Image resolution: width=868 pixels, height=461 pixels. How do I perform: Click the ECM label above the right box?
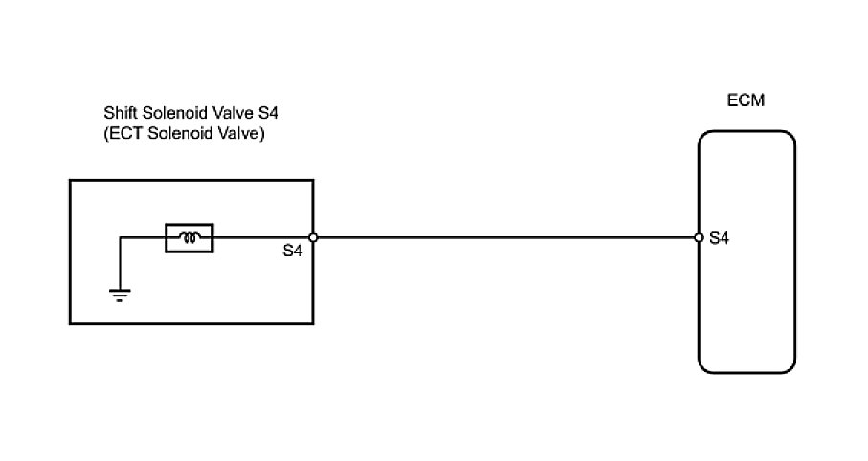(746, 100)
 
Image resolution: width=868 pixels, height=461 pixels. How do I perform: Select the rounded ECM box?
(746, 306)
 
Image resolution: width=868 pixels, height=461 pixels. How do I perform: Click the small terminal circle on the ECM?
(699, 238)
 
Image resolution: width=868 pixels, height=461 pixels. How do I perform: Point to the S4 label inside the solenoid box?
(295, 252)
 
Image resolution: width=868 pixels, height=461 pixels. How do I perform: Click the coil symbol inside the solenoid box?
(189, 238)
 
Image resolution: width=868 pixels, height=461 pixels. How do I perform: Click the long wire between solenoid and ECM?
(507, 238)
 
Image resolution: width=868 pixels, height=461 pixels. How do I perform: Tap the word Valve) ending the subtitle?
(240, 134)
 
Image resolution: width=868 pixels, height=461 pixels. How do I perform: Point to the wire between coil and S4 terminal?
(260, 238)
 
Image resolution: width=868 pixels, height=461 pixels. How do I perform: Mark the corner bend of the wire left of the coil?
(120, 238)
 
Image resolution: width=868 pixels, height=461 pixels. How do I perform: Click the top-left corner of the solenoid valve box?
(71, 179)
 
